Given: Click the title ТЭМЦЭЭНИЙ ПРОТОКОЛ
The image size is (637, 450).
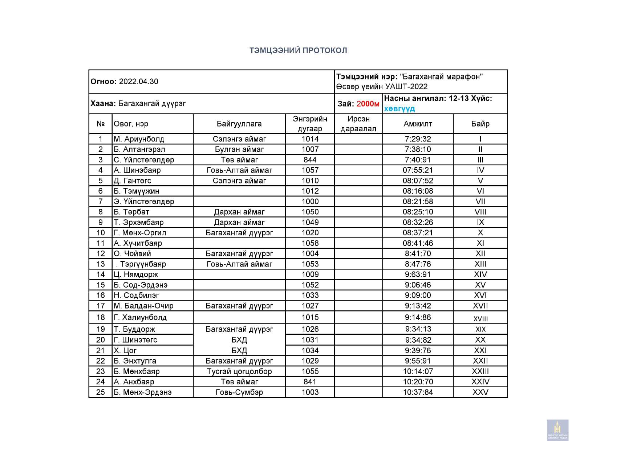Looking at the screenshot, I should pyautogui.click(x=298, y=50).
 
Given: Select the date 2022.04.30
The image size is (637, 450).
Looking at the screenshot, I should pyautogui.click(x=138, y=82).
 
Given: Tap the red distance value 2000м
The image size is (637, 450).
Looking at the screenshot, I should pyautogui.click(x=368, y=104).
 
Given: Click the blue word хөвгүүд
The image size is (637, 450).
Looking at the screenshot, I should pyautogui.click(x=399, y=109).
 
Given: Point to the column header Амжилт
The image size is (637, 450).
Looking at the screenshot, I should pyautogui.click(x=418, y=124).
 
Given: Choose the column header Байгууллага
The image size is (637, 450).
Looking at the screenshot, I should pyautogui.click(x=239, y=124).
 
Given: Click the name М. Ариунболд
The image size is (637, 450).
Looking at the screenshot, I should pyautogui.click(x=139, y=139).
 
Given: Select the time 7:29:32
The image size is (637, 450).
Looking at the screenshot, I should pyautogui.click(x=418, y=139).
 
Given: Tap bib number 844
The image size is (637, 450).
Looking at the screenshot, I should pyautogui.click(x=310, y=160).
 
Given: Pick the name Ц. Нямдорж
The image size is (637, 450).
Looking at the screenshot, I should pyautogui.click(x=136, y=274).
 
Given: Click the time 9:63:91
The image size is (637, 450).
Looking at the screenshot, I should pyautogui.click(x=418, y=274).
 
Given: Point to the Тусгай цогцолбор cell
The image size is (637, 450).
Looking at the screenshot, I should pyautogui.click(x=239, y=371).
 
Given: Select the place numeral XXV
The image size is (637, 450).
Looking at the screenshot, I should pyautogui.click(x=480, y=392).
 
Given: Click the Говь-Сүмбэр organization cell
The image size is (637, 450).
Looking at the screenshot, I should pyautogui.click(x=239, y=392).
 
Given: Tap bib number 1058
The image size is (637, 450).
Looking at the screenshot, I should pyautogui.click(x=310, y=243).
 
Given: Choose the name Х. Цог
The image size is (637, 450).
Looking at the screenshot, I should pyautogui.click(x=125, y=351).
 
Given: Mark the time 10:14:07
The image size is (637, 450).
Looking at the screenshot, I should pyautogui.click(x=418, y=371).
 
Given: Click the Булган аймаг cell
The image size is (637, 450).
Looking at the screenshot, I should pyautogui.click(x=239, y=149).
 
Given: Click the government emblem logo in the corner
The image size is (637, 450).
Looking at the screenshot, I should pyautogui.click(x=557, y=430).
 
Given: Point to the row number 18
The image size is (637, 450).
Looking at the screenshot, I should pyautogui.click(x=101, y=317).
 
